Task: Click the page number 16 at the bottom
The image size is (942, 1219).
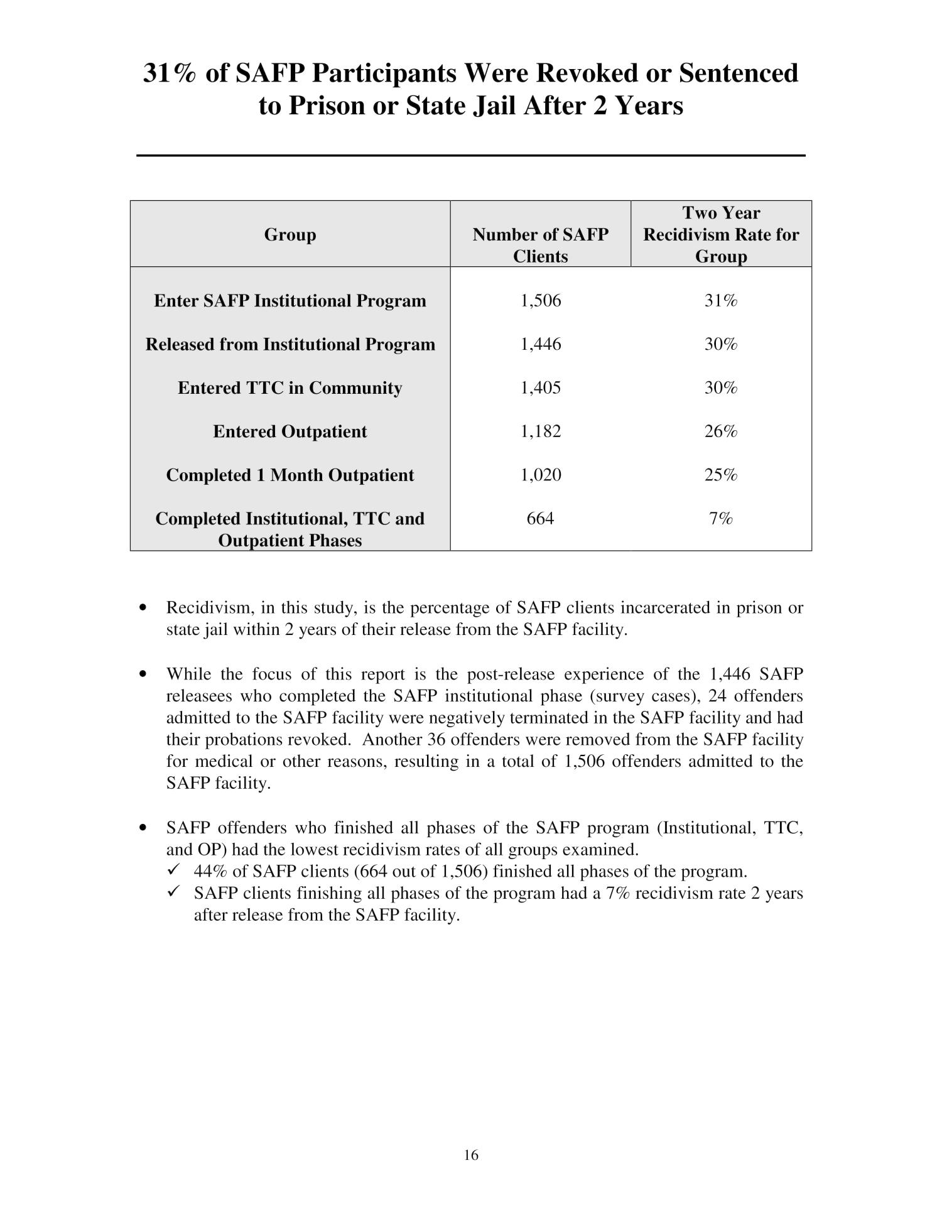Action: click(x=471, y=1154)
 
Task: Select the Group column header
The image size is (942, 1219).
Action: click(x=290, y=234)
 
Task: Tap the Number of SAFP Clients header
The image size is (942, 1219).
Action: click(x=540, y=245)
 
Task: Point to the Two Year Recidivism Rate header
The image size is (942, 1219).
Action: click(x=721, y=234)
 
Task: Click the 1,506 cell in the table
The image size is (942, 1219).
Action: click(x=540, y=301)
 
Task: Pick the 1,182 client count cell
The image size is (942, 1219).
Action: click(x=540, y=431)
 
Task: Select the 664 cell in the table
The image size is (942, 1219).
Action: click(x=540, y=518)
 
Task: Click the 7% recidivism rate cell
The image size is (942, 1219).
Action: click(x=720, y=518)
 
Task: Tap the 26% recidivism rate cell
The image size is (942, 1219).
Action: click(x=720, y=431)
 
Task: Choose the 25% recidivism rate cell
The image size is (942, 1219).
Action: click(x=720, y=475)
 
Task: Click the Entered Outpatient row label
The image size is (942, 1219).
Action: click(x=290, y=431)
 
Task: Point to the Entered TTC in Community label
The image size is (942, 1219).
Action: click(x=290, y=387)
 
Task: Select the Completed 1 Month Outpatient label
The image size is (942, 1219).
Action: click(x=290, y=475)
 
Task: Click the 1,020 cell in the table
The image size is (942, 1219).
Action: click(x=540, y=475)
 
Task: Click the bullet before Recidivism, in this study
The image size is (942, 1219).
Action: click(x=144, y=608)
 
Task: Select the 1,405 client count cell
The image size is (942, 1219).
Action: click(x=540, y=387)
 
